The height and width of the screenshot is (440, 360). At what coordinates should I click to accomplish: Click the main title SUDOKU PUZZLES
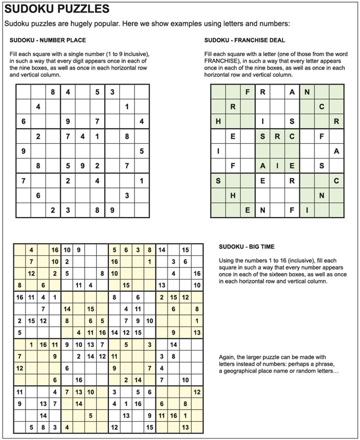pos(57,9)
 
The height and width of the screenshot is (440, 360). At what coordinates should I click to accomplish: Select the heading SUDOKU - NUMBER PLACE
pos(48,40)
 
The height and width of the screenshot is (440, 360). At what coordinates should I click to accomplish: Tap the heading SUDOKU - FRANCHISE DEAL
pos(245,40)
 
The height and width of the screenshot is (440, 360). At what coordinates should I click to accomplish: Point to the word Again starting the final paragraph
pos(227,357)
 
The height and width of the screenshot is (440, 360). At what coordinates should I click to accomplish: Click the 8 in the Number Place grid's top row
pos(52,92)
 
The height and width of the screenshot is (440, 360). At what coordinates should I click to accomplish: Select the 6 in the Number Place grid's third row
pos(23,122)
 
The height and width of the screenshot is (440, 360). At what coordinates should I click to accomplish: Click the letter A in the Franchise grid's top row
pos(292,92)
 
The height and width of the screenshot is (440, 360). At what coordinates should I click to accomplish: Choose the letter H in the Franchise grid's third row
pos(218,122)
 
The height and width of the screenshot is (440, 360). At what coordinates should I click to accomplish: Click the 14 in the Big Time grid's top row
pos(162,250)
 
